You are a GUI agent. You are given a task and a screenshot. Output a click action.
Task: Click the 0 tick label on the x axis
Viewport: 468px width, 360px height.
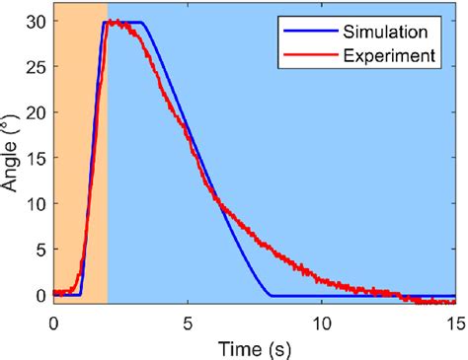coord(53,323)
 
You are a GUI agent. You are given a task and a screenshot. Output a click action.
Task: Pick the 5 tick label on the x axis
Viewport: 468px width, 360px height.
coord(188,323)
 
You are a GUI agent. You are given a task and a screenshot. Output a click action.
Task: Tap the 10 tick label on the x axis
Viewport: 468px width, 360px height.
coord(322,323)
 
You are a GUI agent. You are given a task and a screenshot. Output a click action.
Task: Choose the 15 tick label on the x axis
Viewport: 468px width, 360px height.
coord(454,323)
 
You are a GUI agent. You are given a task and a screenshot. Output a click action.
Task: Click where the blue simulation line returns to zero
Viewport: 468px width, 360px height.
coord(272,295)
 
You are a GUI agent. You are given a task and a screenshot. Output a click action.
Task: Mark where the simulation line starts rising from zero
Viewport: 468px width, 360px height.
coord(81,295)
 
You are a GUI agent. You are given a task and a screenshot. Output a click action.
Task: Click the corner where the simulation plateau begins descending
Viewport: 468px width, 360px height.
coord(144,23)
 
